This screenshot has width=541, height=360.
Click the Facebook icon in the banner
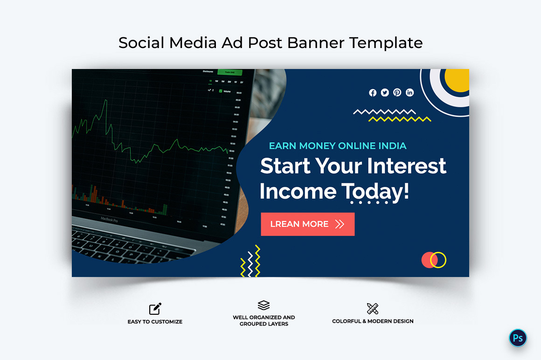click(373, 93)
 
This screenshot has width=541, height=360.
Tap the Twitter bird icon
click(385, 93)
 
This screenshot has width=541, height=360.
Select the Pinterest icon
click(397, 93)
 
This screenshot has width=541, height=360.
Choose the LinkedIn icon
click(409, 93)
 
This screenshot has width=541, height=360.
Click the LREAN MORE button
click(307, 224)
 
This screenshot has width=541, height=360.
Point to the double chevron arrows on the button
click(340, 224)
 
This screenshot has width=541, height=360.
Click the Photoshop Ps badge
click(518, 338)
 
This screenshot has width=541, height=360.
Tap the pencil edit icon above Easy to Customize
click(155, 309)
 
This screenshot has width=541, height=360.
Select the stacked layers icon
click(264, 305)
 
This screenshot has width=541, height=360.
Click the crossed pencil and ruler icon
click(373, 309)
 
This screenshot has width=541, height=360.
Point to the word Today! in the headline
click(375, 191)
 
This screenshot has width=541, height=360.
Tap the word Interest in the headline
click(406, 166)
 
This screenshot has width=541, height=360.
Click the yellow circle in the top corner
click(457, 80)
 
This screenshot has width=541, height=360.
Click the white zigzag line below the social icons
click(384, 112)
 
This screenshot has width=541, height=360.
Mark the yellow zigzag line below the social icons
click(399, 119)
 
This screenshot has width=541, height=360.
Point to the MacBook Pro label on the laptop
click(109, 219)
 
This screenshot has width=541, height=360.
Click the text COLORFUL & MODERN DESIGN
click(373, 321)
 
